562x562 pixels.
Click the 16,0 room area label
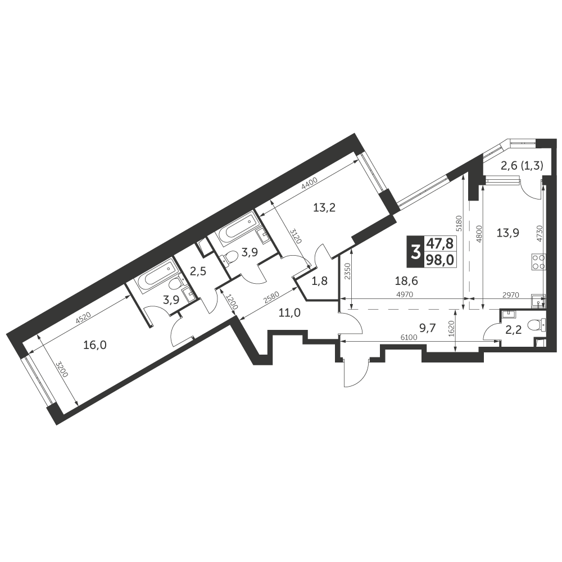pyautogui.click(x=94, y=345)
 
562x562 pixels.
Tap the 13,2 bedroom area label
pyautogui.click(x=324, y=207)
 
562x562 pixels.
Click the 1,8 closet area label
pyautogui.click(x=320, y=282)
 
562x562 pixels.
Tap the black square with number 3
pyautogui.click(x=415, y=252)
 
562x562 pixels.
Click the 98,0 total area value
pyautogui.click(x=441, y=260)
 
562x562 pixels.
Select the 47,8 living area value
pyautogui.click(x=441, y=244)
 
